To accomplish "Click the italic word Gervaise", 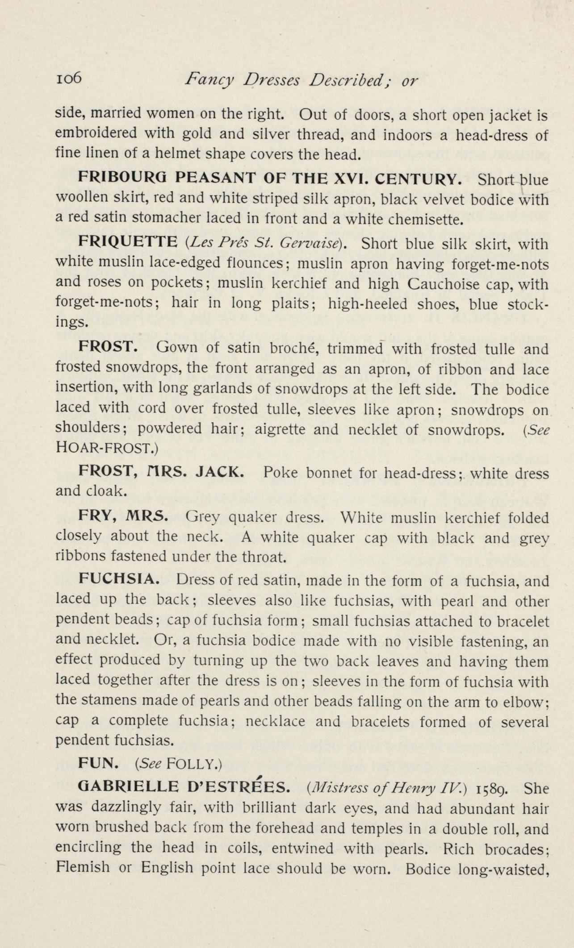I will (317, 244).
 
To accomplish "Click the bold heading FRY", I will (97, 516).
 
